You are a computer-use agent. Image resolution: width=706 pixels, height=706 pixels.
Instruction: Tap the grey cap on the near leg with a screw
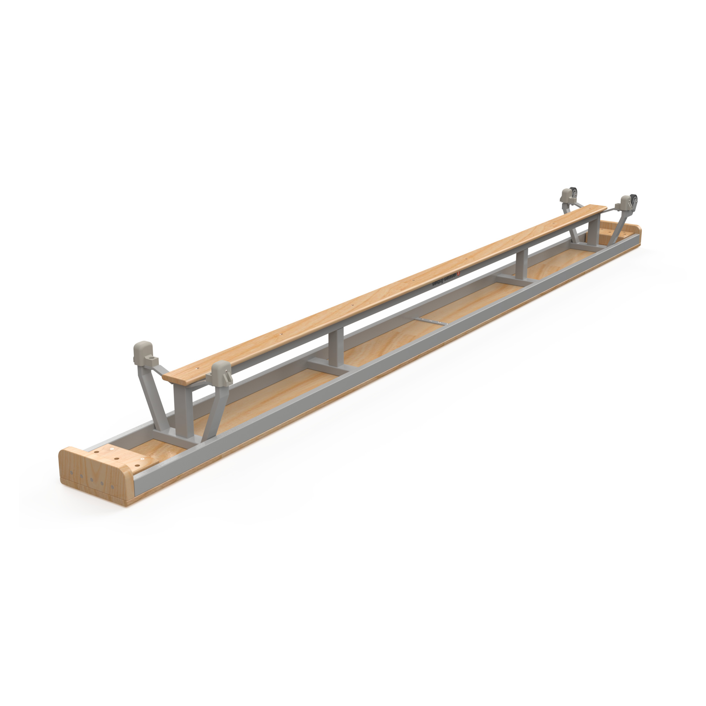[x=221, y=372]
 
